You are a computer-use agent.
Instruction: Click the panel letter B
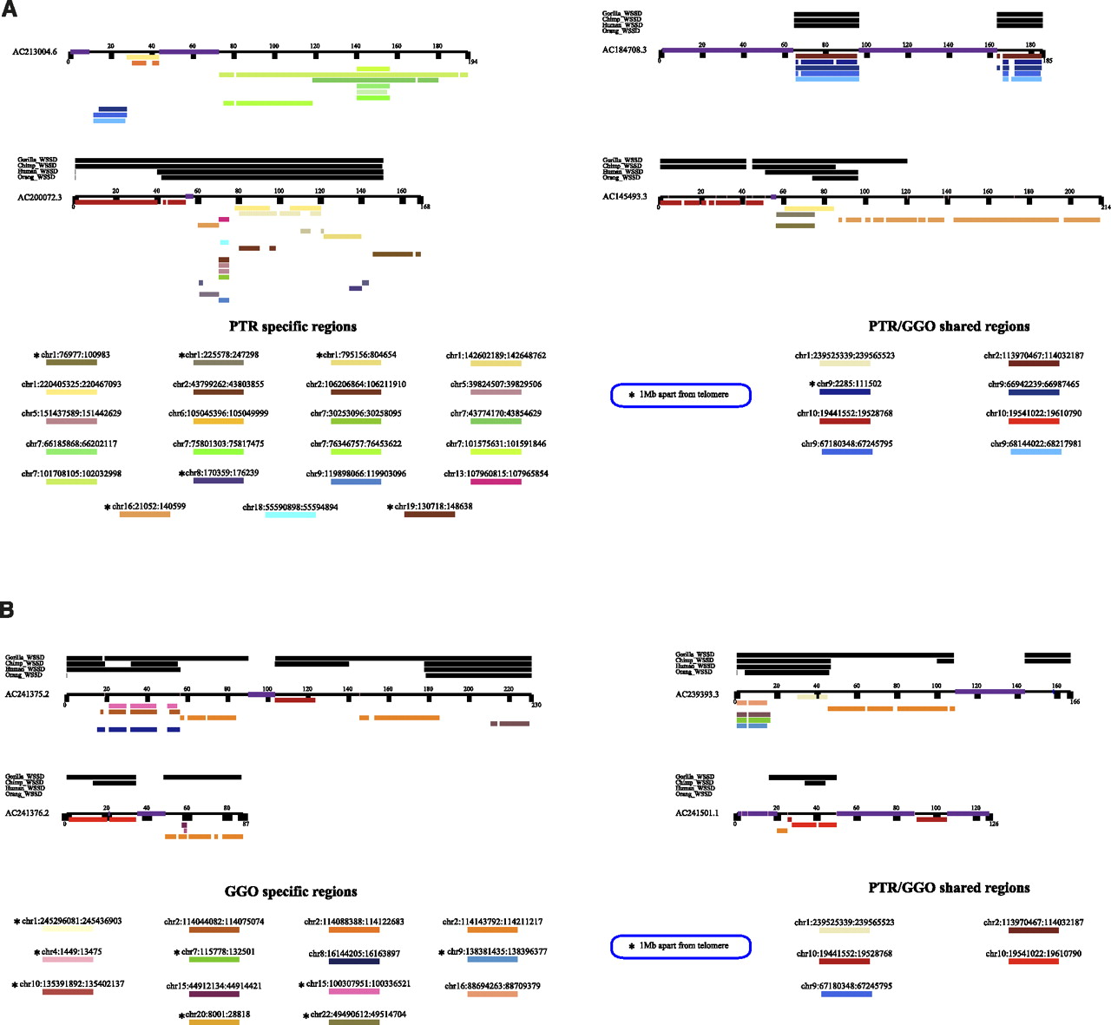tap(7, 609)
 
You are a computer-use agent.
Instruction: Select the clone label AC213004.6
tap(35, 52)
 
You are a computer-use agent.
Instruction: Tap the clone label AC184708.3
tap(625, 50)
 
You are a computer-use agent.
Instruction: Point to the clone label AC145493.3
tap(625, 197)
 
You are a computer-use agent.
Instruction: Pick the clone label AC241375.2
tap(27, 694)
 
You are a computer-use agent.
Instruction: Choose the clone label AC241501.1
tap(697, 813)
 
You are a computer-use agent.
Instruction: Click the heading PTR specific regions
tap(293, 326)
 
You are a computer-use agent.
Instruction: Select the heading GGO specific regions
tap(291, 891)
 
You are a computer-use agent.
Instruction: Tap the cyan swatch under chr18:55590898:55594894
tap(290, 516)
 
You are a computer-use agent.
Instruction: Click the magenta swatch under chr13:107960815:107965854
tap(496, 482)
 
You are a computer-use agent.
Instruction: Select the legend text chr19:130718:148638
tap(433, 506)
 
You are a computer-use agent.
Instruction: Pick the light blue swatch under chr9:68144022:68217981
tap(1035, 452)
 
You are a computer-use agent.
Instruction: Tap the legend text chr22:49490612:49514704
tap(358, 1014)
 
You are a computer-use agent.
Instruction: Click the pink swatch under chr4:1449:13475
tap(68, 960)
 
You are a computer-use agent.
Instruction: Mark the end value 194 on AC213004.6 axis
tap(472, 62)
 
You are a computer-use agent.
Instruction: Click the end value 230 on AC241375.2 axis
tap(536, 705)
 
